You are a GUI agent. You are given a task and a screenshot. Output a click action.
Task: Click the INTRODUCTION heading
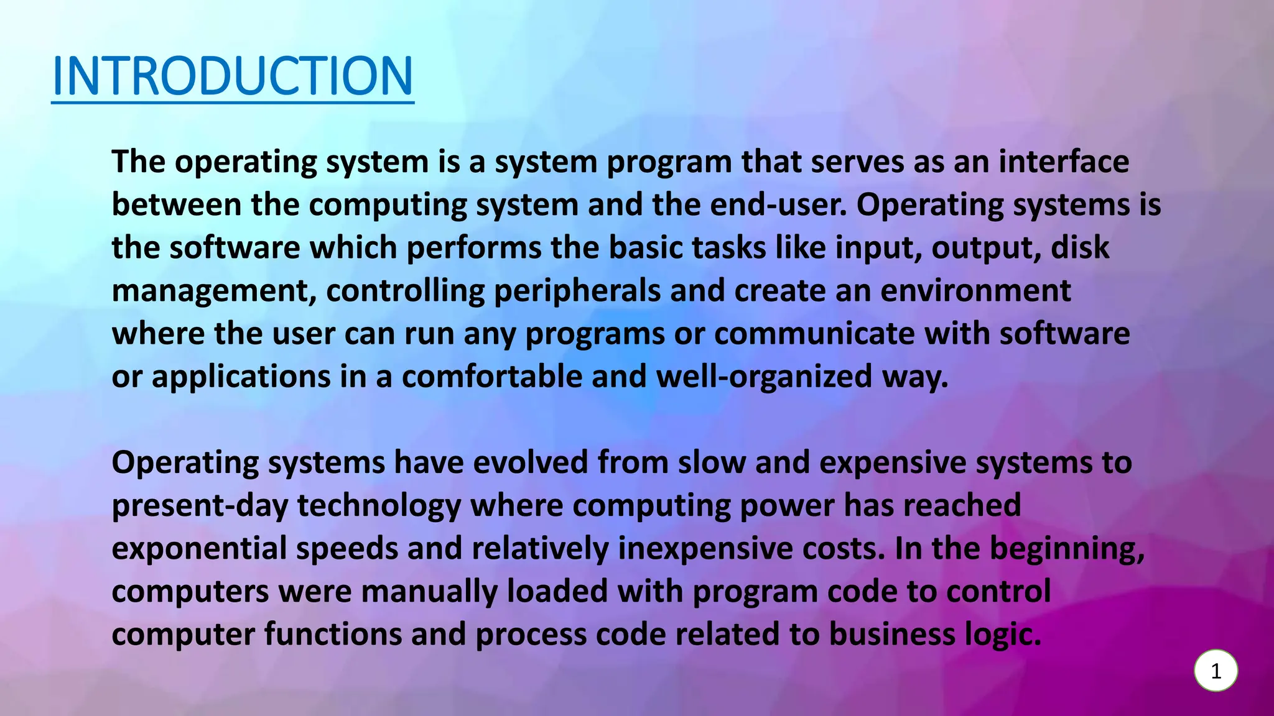click(233, 76)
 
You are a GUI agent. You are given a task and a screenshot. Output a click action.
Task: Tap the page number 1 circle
click(1216, 671)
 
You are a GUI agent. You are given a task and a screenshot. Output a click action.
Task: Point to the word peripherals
click(577, 291)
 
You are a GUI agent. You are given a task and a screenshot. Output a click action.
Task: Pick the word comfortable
click(491, 377)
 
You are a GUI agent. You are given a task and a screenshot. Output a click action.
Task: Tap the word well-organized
click(764, 377)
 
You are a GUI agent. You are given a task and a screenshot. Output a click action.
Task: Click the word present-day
click(200, 505)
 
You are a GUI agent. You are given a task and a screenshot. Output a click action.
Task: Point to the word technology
click(379, 505)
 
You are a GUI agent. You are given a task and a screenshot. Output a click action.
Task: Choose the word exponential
click(199, 548)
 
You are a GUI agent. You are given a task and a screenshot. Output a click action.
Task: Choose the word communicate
click(814, 334)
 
